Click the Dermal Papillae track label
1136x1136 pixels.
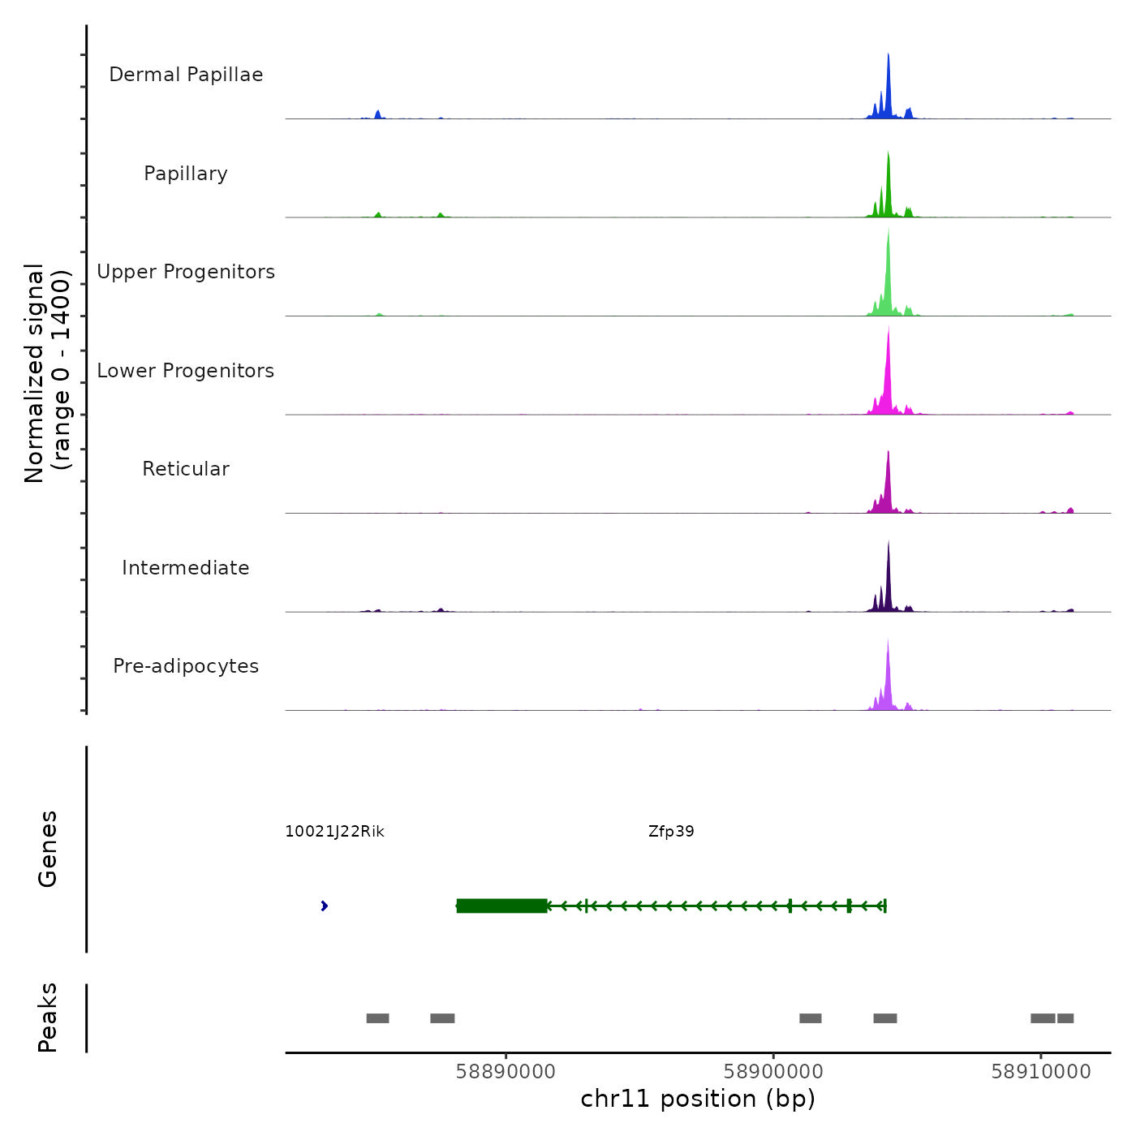click(186, 75)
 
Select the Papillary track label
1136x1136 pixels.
click(186, 174)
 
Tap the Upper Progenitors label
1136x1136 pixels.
click(186, 272)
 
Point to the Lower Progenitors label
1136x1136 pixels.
click(186, 371)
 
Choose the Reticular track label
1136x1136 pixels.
click(186, 469)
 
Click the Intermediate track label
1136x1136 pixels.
click(186, 568)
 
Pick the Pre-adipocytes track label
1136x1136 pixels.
click(186, 666)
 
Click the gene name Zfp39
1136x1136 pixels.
click(671, 832)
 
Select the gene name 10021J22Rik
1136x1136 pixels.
click(334, 832)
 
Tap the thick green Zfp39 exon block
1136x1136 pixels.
click(501, 906)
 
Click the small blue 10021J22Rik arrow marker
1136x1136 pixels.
click(325, 906)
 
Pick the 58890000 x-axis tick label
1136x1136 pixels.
click(506, 1072)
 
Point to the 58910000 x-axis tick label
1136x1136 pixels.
click(1041, 1072)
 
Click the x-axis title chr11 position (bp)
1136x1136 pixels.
click(698, 1099)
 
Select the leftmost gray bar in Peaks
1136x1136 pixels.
click(377, 1018)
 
